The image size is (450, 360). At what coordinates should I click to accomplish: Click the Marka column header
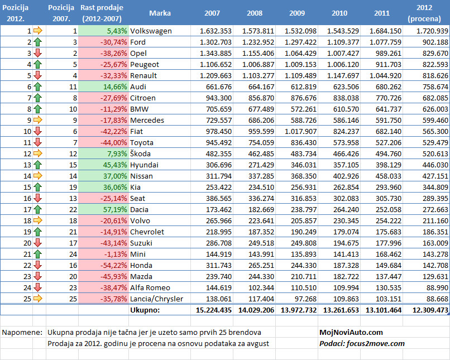(160, 13)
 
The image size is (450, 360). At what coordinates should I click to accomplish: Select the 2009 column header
(297, 13)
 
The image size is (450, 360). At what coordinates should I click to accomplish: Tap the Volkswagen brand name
(151, 31)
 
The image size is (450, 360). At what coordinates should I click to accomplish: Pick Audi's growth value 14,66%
(115, 87)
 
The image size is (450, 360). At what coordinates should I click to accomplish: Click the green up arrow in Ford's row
(37, 42)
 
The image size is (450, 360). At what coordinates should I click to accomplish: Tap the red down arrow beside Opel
(37, 54)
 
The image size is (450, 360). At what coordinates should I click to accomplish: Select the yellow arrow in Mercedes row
(38, 120)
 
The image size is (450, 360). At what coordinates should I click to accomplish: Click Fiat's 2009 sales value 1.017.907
(300, 131)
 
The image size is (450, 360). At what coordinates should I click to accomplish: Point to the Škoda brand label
(140, 153)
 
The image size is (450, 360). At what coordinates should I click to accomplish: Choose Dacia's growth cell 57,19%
(115, 209)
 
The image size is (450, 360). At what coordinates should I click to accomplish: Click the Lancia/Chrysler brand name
(157, 299)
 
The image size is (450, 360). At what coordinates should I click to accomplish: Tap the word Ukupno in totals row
(145, 310)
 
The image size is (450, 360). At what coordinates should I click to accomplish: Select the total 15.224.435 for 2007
(214, 310)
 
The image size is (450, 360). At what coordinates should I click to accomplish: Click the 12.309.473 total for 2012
(430, 310)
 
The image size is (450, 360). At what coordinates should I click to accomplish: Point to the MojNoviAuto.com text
(351, 333)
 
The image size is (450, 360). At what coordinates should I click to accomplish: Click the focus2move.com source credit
(375, 344)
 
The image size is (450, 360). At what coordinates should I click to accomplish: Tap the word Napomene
(22, 333)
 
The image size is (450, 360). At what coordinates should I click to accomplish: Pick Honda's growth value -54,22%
(114, 265)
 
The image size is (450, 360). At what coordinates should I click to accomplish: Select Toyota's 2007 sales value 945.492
(219, 142)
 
